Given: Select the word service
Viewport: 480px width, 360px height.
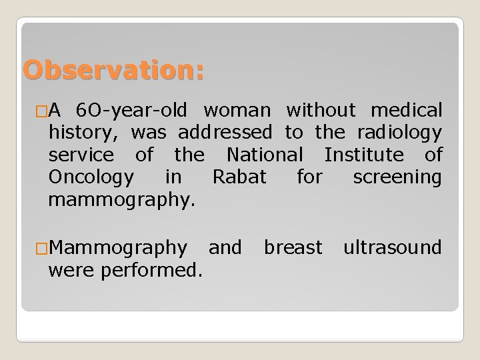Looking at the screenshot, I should pyautogui.click(x=91, y=156).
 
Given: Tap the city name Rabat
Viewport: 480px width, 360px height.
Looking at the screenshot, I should pyautogui.click(x=239, y=178).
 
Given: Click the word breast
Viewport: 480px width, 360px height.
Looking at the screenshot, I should pyautogui.click(x=293, y=247).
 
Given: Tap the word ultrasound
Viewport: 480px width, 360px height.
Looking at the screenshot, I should pyautogui.click(x=392, y=247).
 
